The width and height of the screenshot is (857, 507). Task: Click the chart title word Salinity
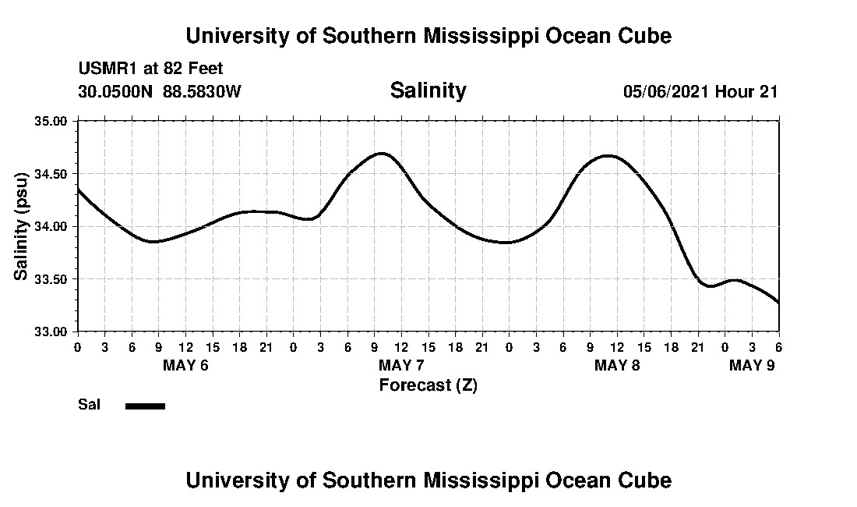[428, 90]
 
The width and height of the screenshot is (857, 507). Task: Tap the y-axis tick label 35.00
[52, 122]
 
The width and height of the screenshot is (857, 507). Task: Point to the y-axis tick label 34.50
[52, 174]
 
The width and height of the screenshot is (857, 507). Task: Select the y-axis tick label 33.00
[52, 331]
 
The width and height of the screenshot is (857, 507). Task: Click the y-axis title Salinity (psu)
[21, 226]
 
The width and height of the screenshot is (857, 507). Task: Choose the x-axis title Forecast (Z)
[428, 385]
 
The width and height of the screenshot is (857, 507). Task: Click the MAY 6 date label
[185, 365]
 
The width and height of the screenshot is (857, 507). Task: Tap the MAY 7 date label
[401, 365]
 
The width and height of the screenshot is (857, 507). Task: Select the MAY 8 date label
[617, 365]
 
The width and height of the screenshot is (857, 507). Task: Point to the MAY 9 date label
[751, 365]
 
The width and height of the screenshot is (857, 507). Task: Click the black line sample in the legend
[145, 406]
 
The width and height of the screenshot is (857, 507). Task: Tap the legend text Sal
[87, 405]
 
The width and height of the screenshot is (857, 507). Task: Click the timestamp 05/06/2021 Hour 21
[700, 91]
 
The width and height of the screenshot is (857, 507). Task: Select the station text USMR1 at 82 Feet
[150, 69]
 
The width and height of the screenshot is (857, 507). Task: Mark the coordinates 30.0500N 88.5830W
[160, 91]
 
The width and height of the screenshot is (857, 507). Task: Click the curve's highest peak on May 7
[381, 153]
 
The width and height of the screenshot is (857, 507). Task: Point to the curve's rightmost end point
[778, 303]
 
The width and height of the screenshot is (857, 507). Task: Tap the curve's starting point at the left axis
[78, 190]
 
